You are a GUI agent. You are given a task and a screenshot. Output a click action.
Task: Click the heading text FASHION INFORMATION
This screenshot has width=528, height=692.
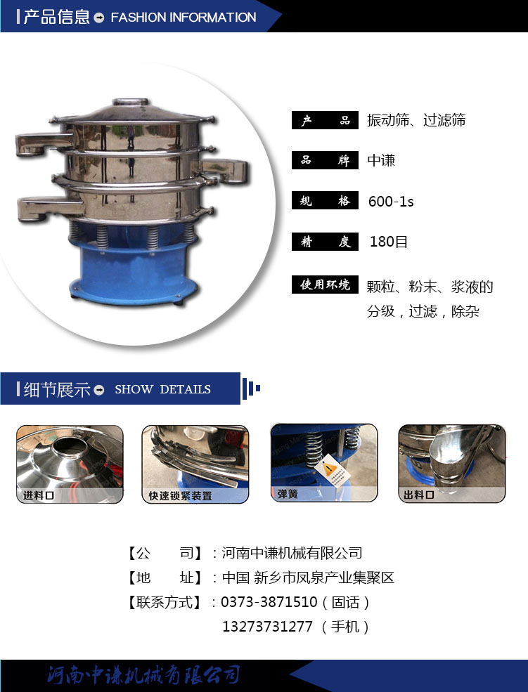coord(183,17)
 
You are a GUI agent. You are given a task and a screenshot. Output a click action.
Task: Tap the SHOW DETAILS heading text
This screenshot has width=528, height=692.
coord(162,389)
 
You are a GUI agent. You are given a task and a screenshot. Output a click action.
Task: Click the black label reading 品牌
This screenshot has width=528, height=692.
coord(325,160)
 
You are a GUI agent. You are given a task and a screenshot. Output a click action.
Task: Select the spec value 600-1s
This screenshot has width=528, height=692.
coord(391,202)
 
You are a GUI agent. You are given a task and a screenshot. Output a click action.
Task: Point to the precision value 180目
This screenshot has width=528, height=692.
coord(389,242)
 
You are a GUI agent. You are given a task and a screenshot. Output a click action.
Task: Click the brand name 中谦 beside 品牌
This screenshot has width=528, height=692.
coord(382,160)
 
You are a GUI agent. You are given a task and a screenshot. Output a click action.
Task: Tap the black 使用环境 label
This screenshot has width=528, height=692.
coord(325,285)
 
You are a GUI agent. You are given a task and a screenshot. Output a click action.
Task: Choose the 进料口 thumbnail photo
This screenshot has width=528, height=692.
coord(70,464)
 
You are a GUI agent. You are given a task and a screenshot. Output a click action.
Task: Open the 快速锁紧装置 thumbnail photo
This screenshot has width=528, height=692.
coord(195,464)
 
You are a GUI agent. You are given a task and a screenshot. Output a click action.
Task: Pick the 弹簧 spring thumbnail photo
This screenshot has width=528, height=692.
coord(324,463)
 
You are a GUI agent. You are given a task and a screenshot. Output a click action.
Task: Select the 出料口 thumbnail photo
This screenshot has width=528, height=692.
coord(452,464)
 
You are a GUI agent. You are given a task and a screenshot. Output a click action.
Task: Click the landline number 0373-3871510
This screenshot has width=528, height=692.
coord(269,602)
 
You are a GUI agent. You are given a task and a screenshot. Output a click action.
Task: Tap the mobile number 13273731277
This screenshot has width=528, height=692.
coord(267,626)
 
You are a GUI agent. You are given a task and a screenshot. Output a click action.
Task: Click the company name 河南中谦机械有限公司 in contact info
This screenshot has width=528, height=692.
coord(292,553)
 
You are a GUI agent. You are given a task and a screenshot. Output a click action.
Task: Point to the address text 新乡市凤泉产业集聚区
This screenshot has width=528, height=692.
coord(324,577)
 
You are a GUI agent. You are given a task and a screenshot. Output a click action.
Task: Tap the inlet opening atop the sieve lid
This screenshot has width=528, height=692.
coord(130,102)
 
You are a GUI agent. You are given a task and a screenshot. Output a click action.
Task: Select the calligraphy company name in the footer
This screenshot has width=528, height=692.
coord(144,674)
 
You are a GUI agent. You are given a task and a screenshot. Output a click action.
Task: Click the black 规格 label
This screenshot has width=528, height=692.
coord(325,201)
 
